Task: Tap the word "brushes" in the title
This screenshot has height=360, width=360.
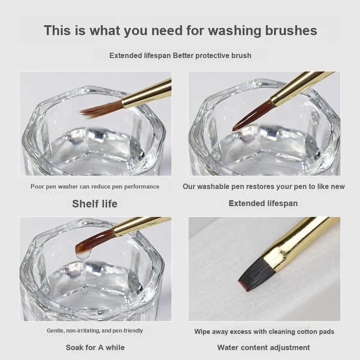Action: pos(291,30)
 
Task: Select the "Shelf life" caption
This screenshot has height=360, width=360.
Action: pos(94,204)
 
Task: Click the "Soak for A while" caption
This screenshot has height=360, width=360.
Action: pos(95,347)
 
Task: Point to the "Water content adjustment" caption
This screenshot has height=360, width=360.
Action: pos(264,347)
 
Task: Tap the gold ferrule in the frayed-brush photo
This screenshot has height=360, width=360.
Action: pos(147,93)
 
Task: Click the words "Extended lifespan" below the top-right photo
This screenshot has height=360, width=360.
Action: pos(263,203)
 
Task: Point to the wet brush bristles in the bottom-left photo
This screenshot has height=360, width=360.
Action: pos(94,241)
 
